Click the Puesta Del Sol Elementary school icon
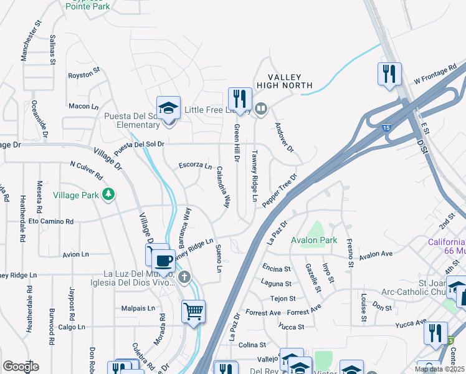[168, 108]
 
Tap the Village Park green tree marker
[109, 194]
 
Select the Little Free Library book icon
[261, 110]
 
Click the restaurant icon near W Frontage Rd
[389, 74]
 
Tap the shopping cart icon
[193, 310]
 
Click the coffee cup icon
[164, 260]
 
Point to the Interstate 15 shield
[387, 127]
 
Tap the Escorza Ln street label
[195, 166]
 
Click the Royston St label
[84, 75]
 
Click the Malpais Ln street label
[138, 308]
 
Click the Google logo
[21, 366]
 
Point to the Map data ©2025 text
[439, 369]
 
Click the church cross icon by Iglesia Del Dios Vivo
[183, 276]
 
